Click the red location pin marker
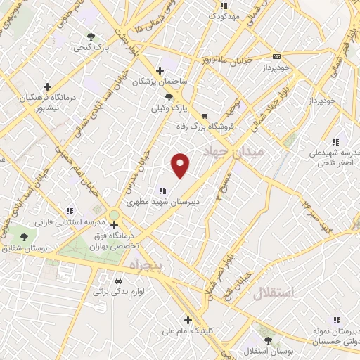coord(181,165)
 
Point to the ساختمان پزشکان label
coord(161,82)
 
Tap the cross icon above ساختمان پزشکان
coord(161,70)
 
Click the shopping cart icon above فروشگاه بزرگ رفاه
coord(205,116)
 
